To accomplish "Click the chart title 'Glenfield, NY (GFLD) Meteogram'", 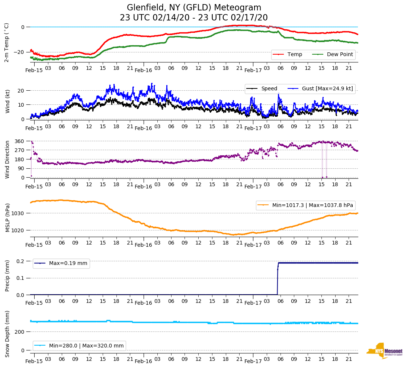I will point(194,8).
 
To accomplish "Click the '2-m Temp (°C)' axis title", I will point(6,42).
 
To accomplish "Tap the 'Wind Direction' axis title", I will point(7,159).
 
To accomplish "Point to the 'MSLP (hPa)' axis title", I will point(7,218).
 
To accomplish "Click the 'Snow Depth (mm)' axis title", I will point(7,334).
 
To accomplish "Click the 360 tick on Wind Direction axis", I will point(20,141).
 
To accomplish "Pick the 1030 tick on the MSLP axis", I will point(18,213).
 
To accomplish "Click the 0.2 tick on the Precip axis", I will point(20,261).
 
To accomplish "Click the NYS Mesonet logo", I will point(384,351).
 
